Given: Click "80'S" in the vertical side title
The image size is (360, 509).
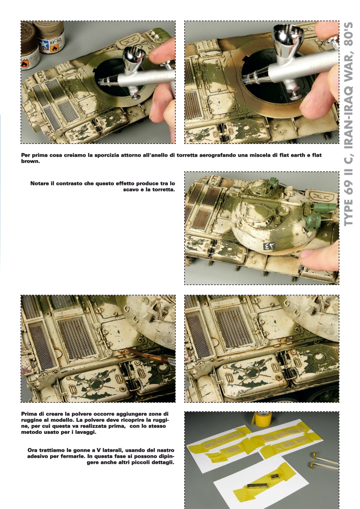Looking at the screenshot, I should [349, 37].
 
